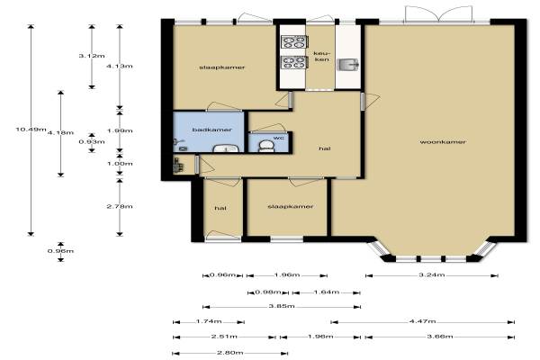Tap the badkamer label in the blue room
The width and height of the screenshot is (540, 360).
pos(211,130)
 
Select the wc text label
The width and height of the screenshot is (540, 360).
pos(279,138)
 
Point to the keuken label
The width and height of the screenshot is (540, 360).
pos(321,57)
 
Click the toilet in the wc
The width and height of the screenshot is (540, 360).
pos(265,146)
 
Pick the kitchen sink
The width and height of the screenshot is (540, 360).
pos(347,64)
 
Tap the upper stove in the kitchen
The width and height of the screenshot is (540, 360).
pos(294,42)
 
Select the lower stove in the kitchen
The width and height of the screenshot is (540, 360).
pos(294,62)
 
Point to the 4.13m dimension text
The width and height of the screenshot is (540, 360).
pos(120,66)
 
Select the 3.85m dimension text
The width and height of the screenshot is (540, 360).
pos(282,306)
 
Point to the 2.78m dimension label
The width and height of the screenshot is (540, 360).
pos(120,206)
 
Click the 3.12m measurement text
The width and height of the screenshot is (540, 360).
pos(92,56)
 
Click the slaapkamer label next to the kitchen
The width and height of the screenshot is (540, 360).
pos(222,67)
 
